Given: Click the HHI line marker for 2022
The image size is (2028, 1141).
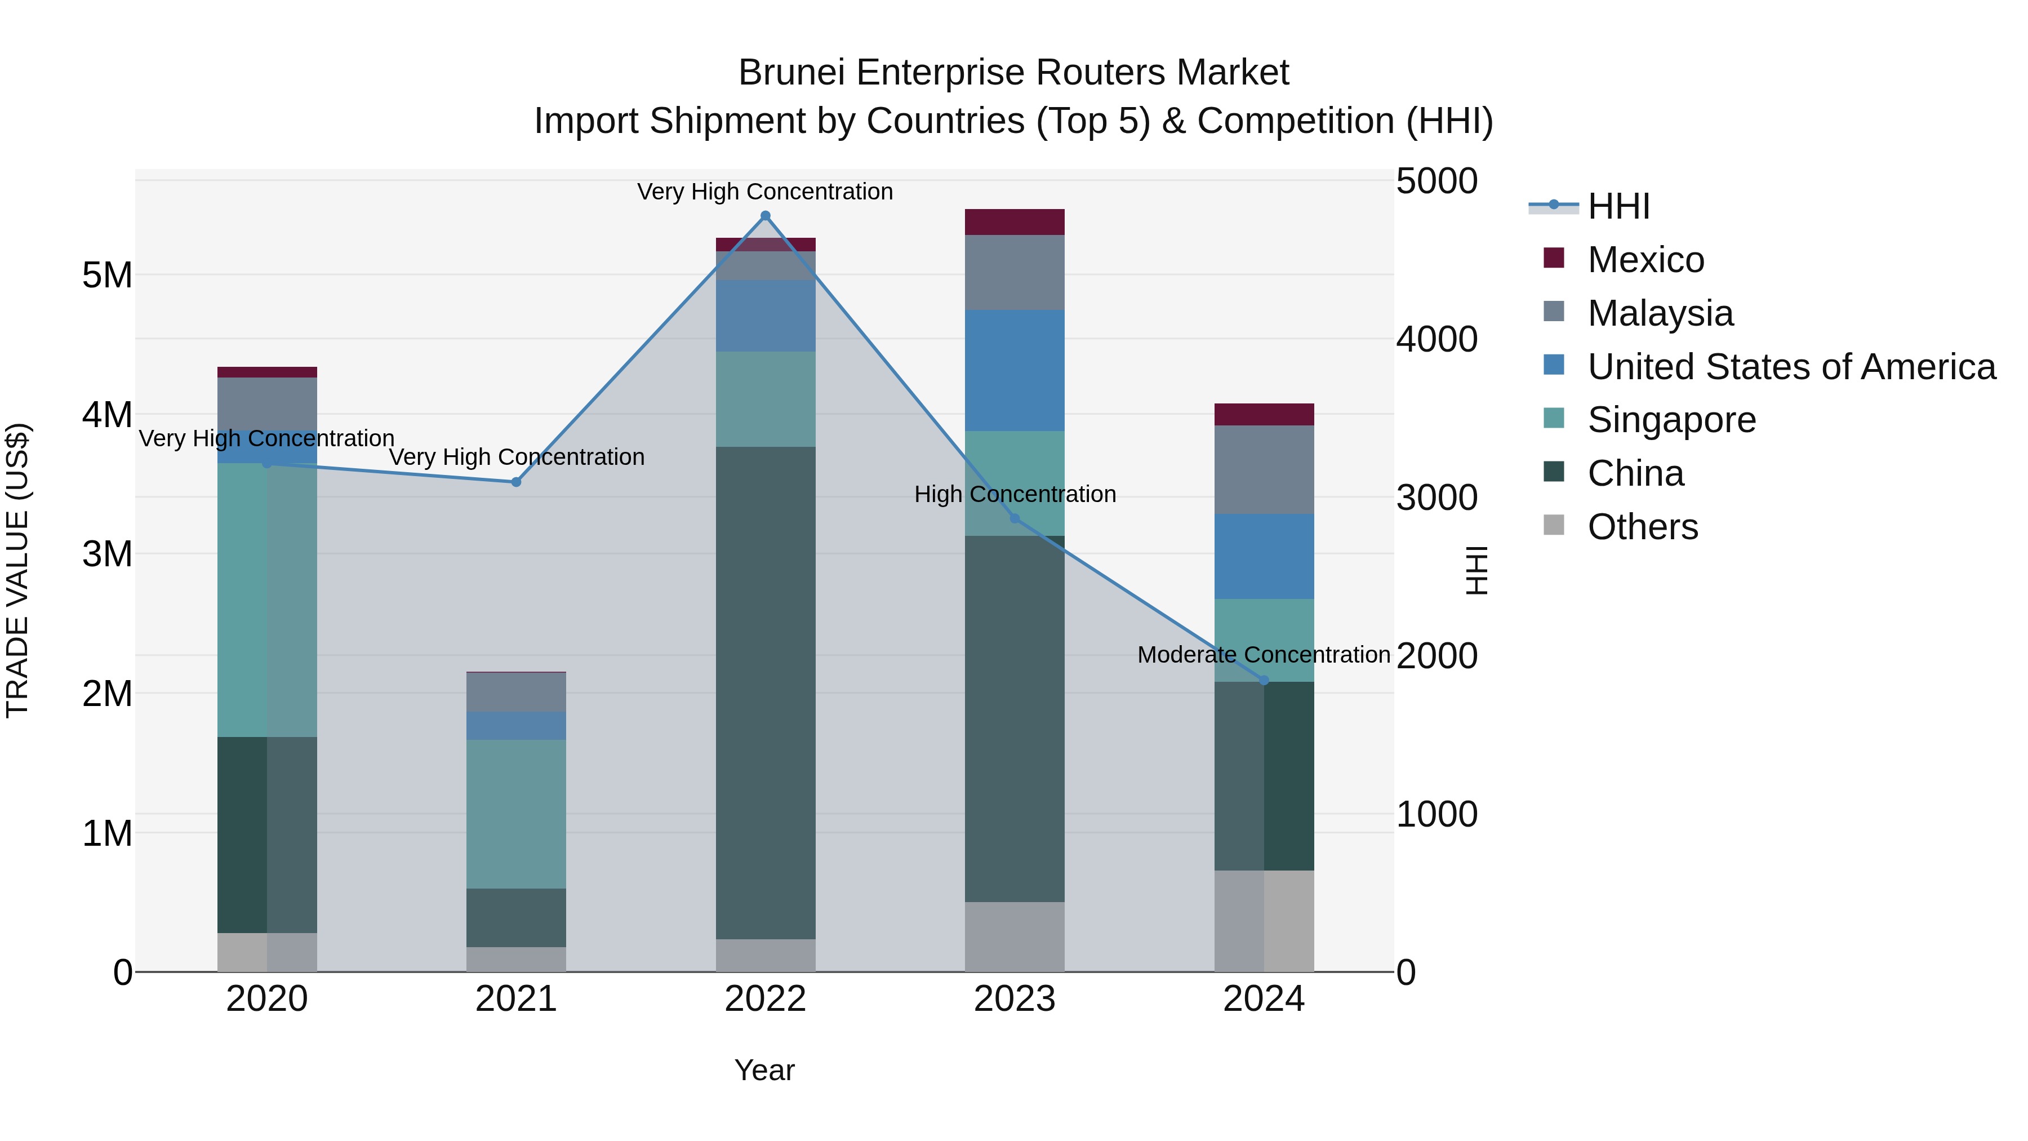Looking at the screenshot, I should click(x=765, y=216).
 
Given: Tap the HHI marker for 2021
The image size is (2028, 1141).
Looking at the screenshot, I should click(x=517, y=482).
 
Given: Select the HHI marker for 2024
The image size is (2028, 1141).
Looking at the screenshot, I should click(x=1264, y=680).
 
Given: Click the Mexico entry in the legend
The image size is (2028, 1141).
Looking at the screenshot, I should click(x=1645, y=260).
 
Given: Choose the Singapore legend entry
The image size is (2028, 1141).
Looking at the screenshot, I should click(x=1671, y=420).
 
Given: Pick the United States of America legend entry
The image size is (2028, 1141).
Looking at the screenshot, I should click(x=1791, y=367).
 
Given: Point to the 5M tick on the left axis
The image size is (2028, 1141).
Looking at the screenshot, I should click(x=107, y=276).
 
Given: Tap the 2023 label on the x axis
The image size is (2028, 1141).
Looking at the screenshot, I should click(x=1014, y=999).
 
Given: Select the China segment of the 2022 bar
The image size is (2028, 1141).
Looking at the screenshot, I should click(x=765, y=693).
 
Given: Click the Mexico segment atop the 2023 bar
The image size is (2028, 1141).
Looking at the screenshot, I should click(x=1014, y=222).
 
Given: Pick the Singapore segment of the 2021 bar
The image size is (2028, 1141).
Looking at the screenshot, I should click(x=517, y=814).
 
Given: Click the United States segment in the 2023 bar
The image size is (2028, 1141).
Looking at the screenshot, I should click(x=1014, y=370).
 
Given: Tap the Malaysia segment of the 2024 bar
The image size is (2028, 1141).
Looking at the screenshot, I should click(x=1264, y=469).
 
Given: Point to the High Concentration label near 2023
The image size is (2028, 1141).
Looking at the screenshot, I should click(x=1014, y=495).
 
